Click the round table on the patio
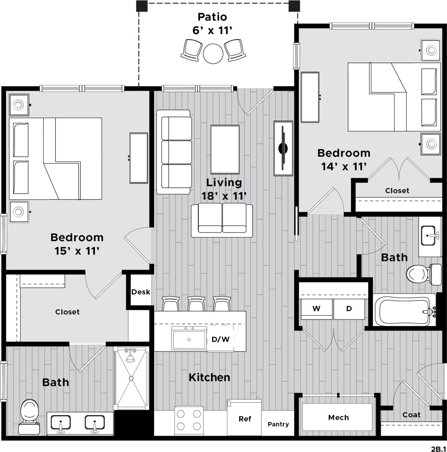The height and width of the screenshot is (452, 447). coord(213,53)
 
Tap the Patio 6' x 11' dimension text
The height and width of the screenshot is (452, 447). coord(213,30)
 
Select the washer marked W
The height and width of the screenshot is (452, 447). coord(316,309)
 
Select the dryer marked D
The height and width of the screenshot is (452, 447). coord(349,309)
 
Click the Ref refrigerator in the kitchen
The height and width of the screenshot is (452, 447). coord(245,419)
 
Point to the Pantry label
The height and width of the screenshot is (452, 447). coord(278,424)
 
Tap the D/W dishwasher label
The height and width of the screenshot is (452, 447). coord(221,339)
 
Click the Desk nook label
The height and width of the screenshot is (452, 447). coord(141,292)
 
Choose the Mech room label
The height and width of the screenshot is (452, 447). coord(338,417)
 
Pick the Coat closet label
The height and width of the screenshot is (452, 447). coord(411,415)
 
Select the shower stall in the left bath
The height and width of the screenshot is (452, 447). coord(131,378)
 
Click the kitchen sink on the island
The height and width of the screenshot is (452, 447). coord(189,339)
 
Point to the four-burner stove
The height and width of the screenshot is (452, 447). coord(189,420)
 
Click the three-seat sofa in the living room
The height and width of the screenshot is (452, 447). coord(175,152)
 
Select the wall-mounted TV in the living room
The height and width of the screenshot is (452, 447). coord(283,148)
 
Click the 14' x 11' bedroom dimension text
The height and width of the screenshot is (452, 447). coord(344,166)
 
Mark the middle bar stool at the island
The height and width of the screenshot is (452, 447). coord(196,304)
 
